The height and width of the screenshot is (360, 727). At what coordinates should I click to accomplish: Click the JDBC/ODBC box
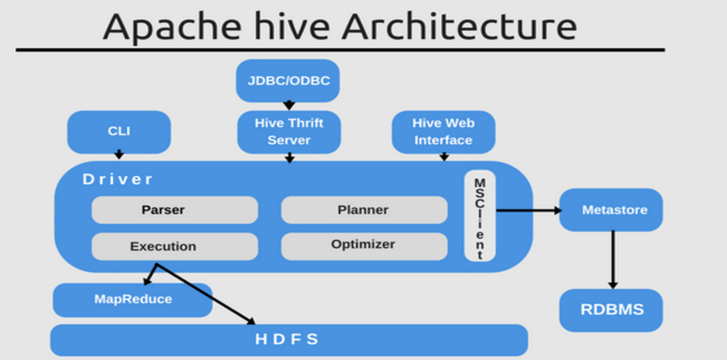click(x=288, y=80)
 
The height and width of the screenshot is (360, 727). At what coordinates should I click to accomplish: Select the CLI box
click(x=119, y=132)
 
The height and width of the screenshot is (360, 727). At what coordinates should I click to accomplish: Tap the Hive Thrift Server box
click(x=289, y=132)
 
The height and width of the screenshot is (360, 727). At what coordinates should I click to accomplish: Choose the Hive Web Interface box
click(x=444, y=132)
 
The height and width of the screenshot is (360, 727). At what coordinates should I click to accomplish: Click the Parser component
click(x=174, y=210)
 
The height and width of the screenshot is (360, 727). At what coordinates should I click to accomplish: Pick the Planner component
click(x=364, y=210)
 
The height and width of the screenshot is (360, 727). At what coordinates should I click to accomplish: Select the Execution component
click(x=174, y=246)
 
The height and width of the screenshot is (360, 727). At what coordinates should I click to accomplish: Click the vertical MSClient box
click(x=480, y=216)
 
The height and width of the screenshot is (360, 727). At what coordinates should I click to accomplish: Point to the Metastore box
click(x=611, y=210)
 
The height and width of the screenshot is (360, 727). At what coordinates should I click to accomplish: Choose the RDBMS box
click(x=611, y=310)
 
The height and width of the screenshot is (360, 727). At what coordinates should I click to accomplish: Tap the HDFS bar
click(x=289, y=340)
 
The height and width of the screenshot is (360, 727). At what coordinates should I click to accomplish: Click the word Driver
click(x=117, y=179)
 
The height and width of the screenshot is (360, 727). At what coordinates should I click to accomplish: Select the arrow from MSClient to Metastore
click(x=529, y=210)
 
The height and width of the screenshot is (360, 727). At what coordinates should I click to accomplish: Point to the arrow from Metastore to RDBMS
click(x=613, y=260)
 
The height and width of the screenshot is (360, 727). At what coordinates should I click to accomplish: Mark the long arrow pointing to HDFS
click(x=205, y=294)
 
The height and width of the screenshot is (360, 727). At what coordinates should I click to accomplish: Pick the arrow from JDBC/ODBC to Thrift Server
click(x=289, y=106)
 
